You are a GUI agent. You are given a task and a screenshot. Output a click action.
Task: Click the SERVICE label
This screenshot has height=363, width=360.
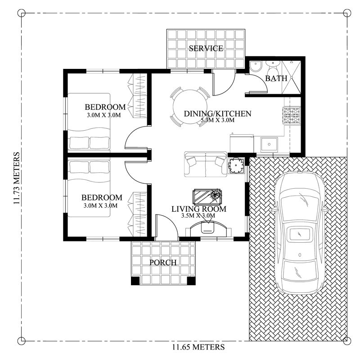tap(206, 49)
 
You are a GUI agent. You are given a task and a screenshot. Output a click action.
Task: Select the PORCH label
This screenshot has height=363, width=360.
tap(162, 262)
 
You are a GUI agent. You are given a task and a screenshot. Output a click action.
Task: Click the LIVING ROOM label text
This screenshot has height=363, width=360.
tap(198, 209)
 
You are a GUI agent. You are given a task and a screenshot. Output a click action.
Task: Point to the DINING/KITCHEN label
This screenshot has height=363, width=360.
tap(217, 113)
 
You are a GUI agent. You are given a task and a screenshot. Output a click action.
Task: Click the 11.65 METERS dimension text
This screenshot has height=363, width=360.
tap(198, 347)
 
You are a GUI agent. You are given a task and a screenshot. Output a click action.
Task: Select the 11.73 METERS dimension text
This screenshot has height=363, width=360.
tap(17, 179)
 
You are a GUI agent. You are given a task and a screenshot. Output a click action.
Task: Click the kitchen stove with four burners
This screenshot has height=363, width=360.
tap(291, 116)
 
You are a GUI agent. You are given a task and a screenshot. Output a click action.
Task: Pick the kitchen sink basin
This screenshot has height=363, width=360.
tap(270, 145)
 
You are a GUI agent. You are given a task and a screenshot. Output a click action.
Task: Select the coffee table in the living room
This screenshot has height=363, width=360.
tap(207, 196)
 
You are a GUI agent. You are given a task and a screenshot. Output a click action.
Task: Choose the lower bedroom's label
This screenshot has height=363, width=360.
tap(101, 198)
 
